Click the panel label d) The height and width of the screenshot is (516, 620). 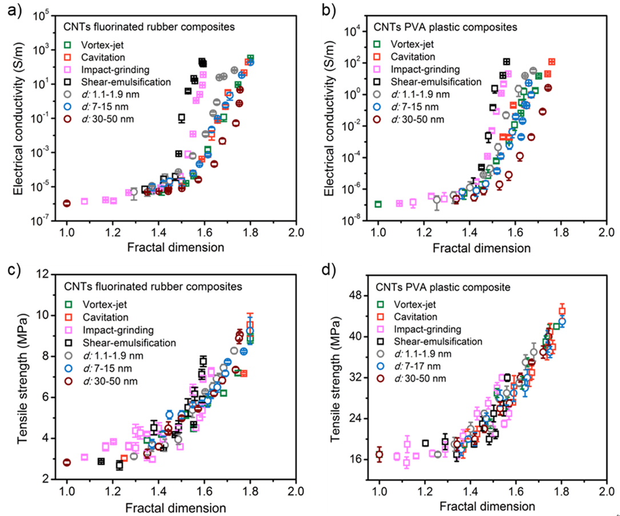321,267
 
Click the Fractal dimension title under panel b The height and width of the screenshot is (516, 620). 474,248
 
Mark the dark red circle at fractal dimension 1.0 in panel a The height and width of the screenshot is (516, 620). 67,203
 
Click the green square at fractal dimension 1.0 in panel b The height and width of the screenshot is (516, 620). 378,204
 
